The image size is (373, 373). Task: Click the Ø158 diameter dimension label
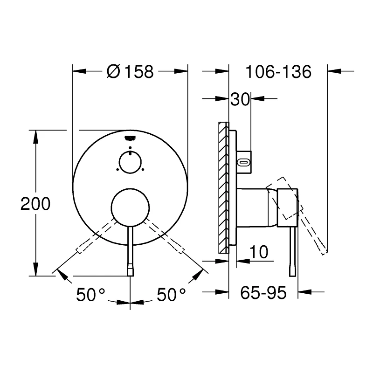(x=130, y=72)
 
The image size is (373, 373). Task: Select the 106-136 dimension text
(x=278, y=72)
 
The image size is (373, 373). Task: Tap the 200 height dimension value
(x=35, y=204)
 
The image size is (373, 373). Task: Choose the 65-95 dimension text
(x=262, y=293)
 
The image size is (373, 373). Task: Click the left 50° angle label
(x=91, y=295)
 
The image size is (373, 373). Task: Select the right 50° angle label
(x=171, y=295)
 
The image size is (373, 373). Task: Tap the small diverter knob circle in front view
(x=130, y=162)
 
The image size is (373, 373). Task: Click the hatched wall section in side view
(x=223, y=186)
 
